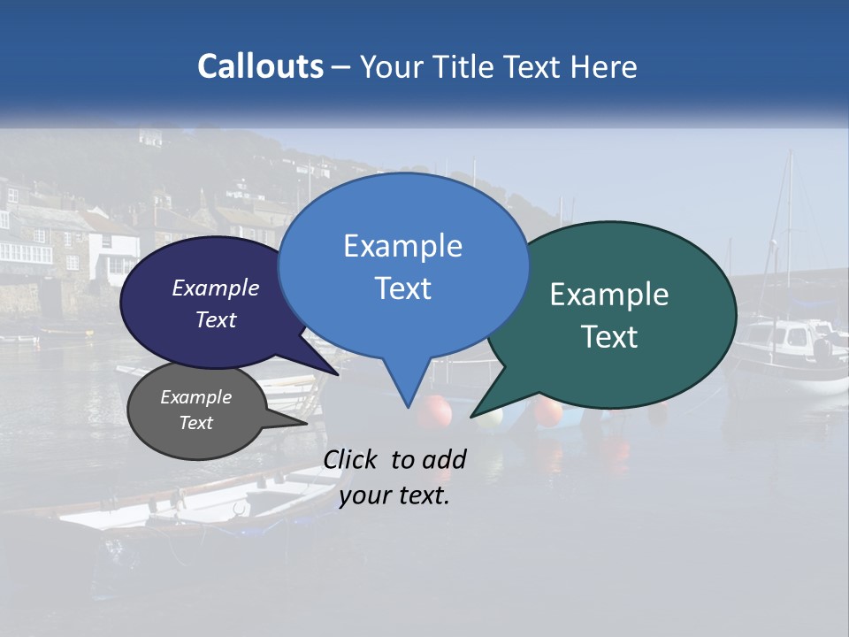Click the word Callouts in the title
(x=260, y=66)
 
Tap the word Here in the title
(x=603, y=66)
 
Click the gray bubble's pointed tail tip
(x=306, y=423)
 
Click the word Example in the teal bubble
(x=609, y=295)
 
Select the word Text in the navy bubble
(x=216, y=320)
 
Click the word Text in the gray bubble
(x=196, y=423)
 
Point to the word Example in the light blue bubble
(x=403, y=246)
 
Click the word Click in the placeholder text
(x=352, y=459)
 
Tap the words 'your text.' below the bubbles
(x=394, y=495)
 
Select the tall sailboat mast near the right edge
(x=789, y=230)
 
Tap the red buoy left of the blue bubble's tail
(x=433, y=411)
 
